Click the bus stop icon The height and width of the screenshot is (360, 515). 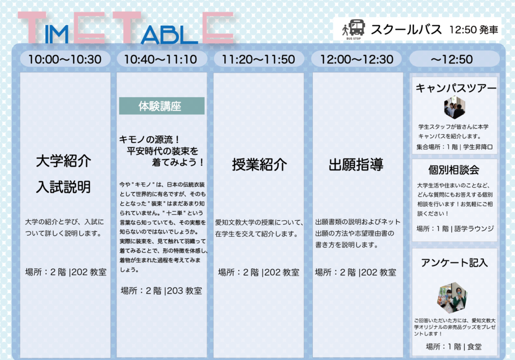pyautogui.click(x=354, y=29)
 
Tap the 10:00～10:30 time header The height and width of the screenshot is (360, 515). pyautogui.click(x=65, y=59)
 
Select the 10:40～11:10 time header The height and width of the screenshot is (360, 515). pyautogui.click(x=161, y=59)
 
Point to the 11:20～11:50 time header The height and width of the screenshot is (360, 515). pyautogui.click(x=259, y=59)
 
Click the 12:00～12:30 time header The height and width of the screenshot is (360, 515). pyautogui.click(x=357, y=59)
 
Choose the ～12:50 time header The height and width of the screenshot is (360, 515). pyautogui.click(x=454, y=59)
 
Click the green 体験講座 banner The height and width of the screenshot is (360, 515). pyautogui.click(x=161, y=106)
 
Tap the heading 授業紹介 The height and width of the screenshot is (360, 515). pyautogui.click(x=260, y=164)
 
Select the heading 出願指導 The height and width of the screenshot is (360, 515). pyautogui.click(x=356, y=164)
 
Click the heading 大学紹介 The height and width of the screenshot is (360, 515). pyautogui.click(x=64, y=161)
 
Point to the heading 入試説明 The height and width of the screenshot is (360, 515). pyautogui.click(x=63, y=187)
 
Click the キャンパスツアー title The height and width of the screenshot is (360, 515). pyautogui.click(x=456, y=88)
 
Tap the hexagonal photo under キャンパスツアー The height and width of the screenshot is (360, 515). pyautogui.click(x=455, y=108)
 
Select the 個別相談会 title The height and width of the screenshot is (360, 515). pyautogui.click(x=454, y=170)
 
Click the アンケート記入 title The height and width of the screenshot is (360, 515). pyautogui.click(x=455, y=263)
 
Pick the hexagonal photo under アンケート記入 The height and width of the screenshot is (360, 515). pyautogui.click(x=452, y=298)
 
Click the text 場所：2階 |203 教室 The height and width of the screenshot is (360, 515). pyautogui.click(x=161, y=291)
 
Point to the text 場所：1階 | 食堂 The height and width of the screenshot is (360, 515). pyautogui.click(x=454, y=346)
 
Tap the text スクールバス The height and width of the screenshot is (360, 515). pyautogui.click(x=406, y=30)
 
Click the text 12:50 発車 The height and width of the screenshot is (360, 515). pyautogui.click(x=474, y=30)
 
